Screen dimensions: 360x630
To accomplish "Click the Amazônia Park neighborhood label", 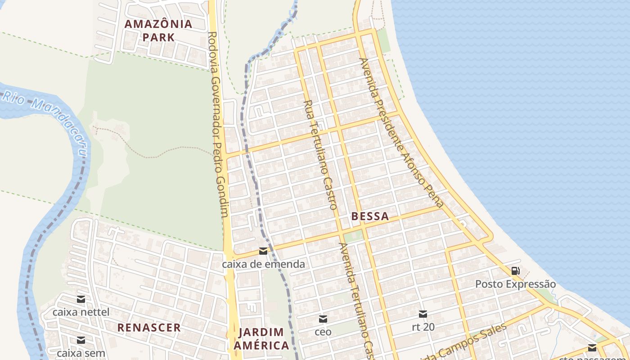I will pos(158,31).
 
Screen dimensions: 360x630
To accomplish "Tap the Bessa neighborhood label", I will pos(370,216).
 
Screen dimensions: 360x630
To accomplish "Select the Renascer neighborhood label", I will pos(149,328).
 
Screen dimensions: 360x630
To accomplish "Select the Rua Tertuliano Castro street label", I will pos(320,155).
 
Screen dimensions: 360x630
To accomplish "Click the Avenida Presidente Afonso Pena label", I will pos(401,132).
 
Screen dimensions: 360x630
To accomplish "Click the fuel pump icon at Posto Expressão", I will pos(516,271).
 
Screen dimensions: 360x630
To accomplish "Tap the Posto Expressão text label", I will pos(516,284).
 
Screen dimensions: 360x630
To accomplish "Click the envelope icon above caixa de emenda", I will pos(263,251).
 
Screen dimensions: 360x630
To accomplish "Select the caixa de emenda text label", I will pos(263,264).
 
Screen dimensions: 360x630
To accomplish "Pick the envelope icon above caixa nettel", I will pos(81,299).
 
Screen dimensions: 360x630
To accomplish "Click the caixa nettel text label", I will pos(81,312).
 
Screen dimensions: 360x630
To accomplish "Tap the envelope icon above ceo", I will pos(323,319).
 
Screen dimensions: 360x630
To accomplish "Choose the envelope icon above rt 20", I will pos(423,314).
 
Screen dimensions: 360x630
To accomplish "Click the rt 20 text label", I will pos(423,327).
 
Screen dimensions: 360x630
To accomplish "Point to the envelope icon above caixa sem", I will pos(81,340).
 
